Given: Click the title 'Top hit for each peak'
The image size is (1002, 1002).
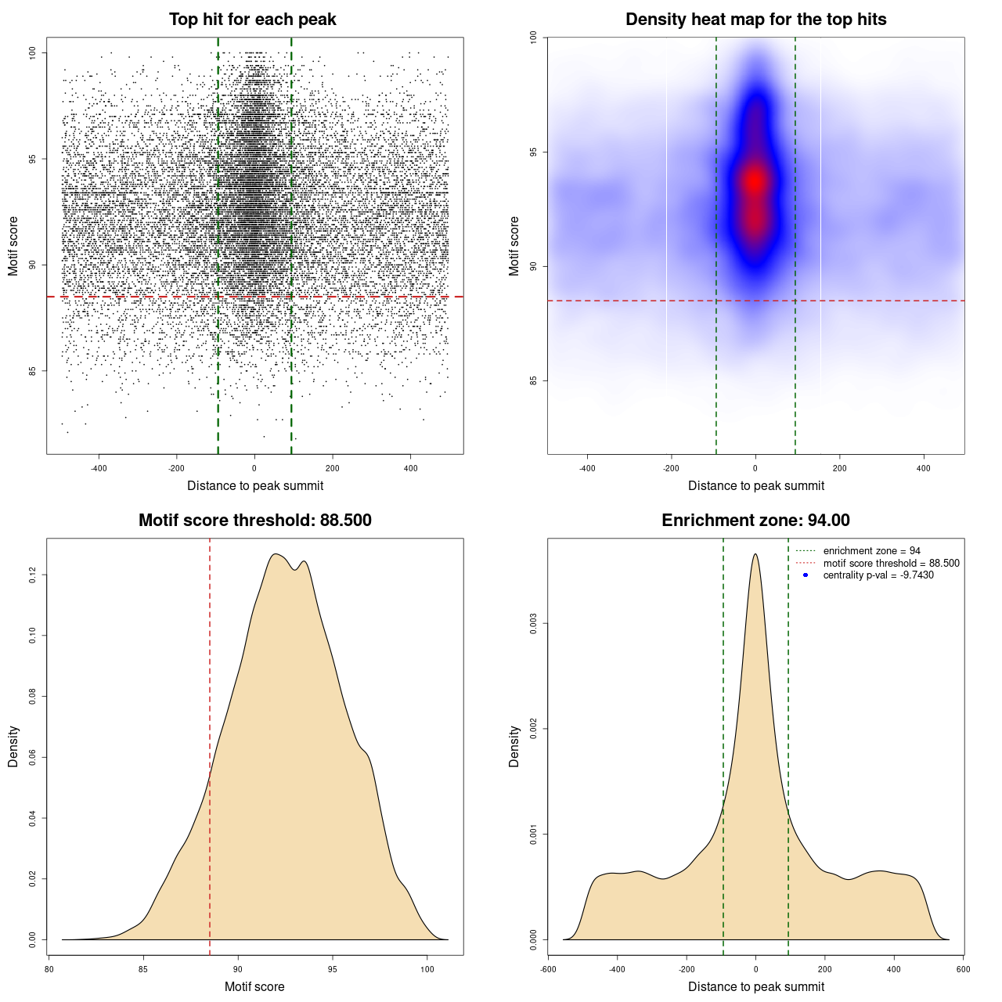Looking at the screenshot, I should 252,20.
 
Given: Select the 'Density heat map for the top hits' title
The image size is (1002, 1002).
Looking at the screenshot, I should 755,20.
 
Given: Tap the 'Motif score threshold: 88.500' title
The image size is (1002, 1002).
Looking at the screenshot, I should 254,521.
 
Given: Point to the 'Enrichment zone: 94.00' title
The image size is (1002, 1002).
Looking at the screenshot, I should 755,521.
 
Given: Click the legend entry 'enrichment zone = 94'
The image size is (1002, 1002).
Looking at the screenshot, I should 871,551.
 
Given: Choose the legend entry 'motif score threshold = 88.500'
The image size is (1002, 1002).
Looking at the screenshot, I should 891,563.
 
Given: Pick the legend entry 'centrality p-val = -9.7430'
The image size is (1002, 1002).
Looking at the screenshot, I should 878,575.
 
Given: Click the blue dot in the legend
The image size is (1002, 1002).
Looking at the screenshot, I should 806,575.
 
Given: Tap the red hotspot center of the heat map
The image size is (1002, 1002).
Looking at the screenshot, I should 755,181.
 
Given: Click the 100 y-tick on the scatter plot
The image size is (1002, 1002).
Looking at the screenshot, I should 33,52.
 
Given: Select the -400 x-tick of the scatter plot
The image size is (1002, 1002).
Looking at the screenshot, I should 99,468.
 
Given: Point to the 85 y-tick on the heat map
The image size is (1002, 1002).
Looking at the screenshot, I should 534,380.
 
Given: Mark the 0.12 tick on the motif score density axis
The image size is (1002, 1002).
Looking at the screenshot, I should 33,575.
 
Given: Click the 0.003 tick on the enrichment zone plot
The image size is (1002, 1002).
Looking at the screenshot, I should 534,624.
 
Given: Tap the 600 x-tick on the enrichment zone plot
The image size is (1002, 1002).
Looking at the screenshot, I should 963,969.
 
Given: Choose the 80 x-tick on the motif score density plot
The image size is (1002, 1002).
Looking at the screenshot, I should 49,969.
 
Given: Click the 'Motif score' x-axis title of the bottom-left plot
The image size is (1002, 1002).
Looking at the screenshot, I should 254,986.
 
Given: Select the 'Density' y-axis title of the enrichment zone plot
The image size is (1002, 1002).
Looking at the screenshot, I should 514,746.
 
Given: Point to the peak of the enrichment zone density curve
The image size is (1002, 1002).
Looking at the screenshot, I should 755,554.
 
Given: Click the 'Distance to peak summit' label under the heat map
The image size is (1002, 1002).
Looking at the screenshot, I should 755,485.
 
